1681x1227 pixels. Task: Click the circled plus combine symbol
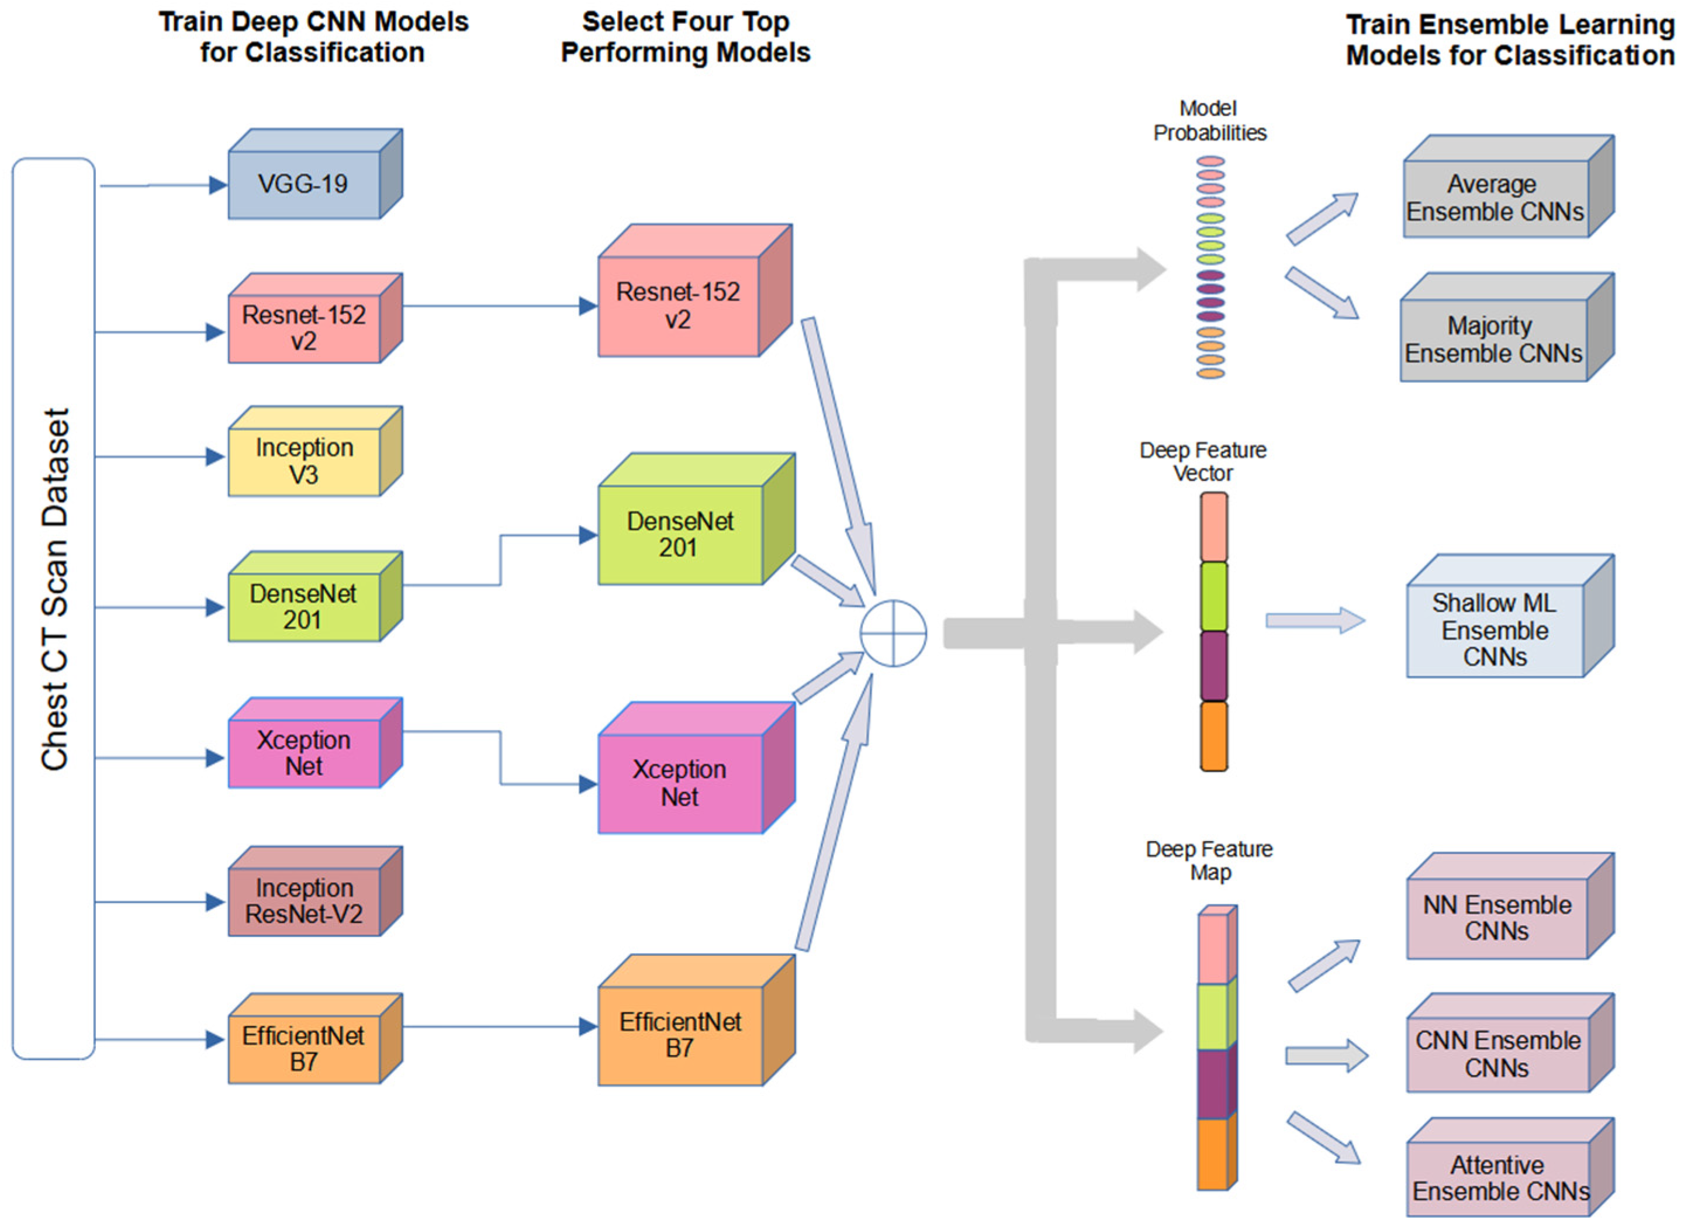click(x=893, y=634)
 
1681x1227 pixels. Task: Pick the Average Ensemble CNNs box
click(x=1494, y=198)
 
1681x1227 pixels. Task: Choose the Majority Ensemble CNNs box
click(x=1492, y=340)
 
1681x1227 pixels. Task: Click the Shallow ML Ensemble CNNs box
click(x=1494, y=630)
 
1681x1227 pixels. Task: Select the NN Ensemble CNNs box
click(x=1496, y=918)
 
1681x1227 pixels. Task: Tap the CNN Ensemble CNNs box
click(x=1497, y=1054)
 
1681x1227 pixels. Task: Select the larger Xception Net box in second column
click(x=679, y=783)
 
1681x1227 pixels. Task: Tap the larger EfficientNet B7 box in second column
click(x=679, y=1035)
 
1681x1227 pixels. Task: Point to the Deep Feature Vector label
click(x=1202, y=461)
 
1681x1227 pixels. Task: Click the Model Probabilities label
click(x=1209, y=120)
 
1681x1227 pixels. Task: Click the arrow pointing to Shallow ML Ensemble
click(x=1314, y=620)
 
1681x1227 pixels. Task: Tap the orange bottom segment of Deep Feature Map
click(x=1213, y=1154)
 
